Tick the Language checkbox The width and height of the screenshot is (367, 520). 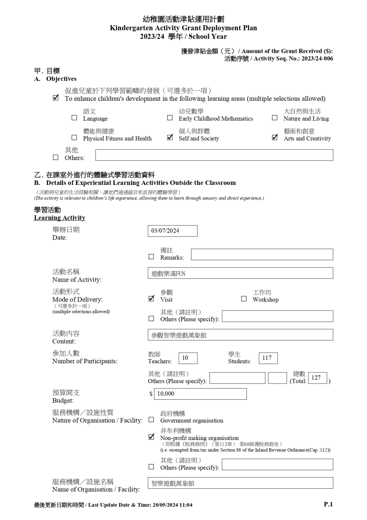pyautogui.click(x=74, y=118)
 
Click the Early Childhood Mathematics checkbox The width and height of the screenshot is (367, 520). pyautogui.click(x=170, y=118)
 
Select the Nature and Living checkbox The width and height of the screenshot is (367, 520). pyautogui.click(x=275, y=118)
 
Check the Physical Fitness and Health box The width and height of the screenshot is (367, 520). pyautogui.click(x=74, y=138)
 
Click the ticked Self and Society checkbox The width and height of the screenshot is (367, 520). pyautogui.click(x=170, y=138)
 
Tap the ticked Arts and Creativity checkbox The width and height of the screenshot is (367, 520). pyautogui.click(x=275, y=138)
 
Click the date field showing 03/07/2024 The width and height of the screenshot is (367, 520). pyautogui.click(x=173, y=231)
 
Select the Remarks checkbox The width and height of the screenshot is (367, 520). pyautogui.click(x=151, y=257)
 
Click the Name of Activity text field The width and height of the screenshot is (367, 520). pyautogui.click(x=240, y=273)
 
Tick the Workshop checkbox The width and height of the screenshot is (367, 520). pyautogui.click(x=244, y=299)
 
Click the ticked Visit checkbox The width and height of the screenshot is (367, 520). pyautogui.click(x=151, y=299)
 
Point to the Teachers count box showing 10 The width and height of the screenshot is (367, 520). pyautogui.click(x=188, y=358)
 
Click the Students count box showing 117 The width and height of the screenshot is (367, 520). pyautogui.click(x=268, y=358)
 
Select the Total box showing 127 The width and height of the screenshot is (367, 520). pyautogui.click(x=317, y=378)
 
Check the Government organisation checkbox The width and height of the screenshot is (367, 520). pyautogui.click(x=151, y=420)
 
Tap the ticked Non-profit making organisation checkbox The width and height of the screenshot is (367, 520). pyautogui.click(x=151, y=437)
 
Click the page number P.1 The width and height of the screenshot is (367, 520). pyautogui.click(x=328, y=504)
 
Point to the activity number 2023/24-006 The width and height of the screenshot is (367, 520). pyautogui.click(x=317, y=58)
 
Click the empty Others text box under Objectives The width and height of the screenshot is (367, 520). pyautogui.click(x=214, y=155)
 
